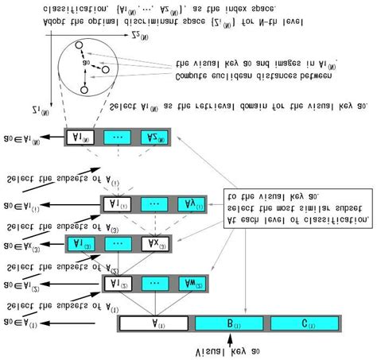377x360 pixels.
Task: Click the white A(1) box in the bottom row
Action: click(x=154, y=323)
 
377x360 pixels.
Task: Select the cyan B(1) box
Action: click(x=228, y=323)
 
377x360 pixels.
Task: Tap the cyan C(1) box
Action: click(x=303, y=323)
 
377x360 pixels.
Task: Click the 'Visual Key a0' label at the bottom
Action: click(x=227, y=350)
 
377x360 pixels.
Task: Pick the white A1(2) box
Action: click(x=117, y=282)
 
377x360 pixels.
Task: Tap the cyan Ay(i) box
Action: click(x=191, y=204)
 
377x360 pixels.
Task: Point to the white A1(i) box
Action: click(x=117, y=204)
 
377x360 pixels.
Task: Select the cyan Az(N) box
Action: click(x=155, y=137)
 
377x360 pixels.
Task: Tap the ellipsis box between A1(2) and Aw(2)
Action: click(x=155, y=282)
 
